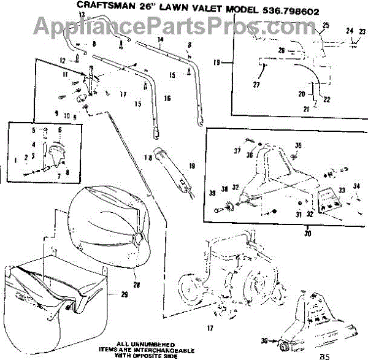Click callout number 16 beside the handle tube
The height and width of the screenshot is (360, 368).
167,98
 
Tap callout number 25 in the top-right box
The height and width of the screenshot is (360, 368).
326,25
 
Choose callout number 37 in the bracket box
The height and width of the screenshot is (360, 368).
237,150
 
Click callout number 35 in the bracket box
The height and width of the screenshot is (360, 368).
299,145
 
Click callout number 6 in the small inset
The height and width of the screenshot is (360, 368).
59,130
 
